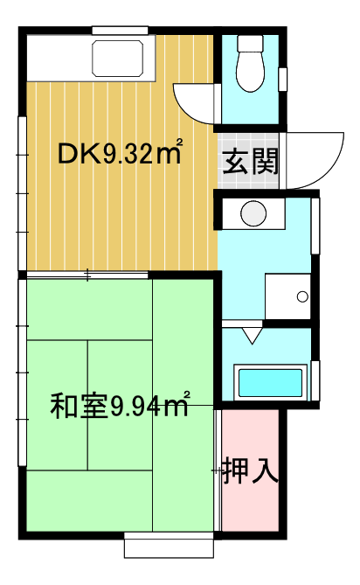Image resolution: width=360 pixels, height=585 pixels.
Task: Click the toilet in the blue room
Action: pos(251,64)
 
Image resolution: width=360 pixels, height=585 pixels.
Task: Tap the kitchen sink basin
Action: pos(118,59)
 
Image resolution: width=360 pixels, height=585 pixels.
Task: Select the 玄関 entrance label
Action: pos(251,162)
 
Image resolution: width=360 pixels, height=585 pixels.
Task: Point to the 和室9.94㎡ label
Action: pos(120,405)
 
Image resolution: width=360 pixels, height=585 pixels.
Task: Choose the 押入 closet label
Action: pos(251,470)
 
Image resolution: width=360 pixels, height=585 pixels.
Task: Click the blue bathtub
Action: pos(270,383)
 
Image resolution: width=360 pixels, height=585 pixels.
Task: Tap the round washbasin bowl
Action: pos(253,213)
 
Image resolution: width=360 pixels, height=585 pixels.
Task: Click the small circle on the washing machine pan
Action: pos(302,297)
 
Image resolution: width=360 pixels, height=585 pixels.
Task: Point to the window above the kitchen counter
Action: pos(120,31)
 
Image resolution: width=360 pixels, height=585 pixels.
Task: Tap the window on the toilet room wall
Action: pos(283,80)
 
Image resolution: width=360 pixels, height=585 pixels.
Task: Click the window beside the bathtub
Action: pos(315,380)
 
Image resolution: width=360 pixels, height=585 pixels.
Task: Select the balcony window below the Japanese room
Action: pos(169,545)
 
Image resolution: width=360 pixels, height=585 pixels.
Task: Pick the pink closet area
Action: pos(251,470)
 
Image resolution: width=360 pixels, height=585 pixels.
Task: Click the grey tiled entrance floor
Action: pos(248,161)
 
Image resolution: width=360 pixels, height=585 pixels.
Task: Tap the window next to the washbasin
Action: pos(315,226)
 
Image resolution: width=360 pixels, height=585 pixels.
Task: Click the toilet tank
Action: pos(251,43)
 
